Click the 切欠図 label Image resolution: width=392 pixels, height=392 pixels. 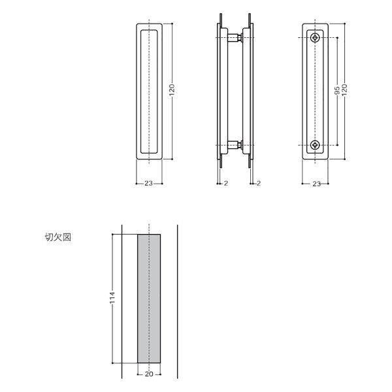(x=58, y=237)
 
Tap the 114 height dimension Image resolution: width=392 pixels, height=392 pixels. (x=112, y=298)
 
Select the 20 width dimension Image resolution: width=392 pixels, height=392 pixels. (x=149, y=374)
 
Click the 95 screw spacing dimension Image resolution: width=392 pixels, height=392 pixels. (x=337, y=91)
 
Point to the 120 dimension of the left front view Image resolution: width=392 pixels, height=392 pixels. (x=172, y=90)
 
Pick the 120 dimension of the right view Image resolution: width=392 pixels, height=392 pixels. (x=345, y=90)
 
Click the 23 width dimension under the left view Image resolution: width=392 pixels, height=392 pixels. (x=148, y=183)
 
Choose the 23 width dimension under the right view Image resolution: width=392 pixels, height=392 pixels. (x=316, y=184)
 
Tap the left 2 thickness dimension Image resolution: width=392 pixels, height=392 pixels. (x=226, y=183)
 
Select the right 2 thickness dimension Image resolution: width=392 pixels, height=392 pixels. (x=259, y=183)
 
